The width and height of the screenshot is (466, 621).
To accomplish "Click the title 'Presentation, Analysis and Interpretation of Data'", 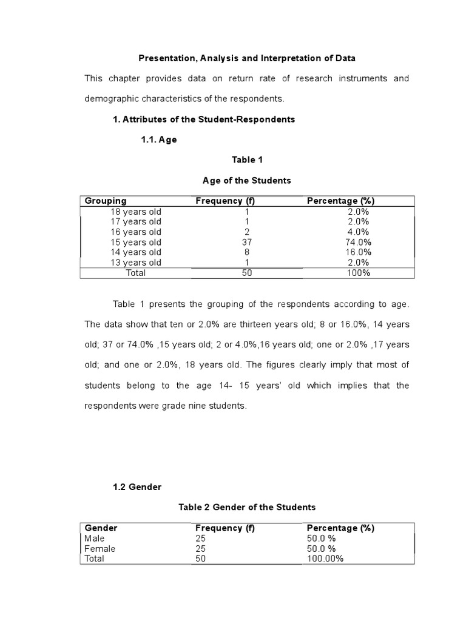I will (247, 58).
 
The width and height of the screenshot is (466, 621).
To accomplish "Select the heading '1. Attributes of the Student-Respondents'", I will (204, 119).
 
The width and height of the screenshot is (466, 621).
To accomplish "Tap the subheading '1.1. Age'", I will (158, 139).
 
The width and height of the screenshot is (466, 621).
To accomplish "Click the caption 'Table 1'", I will (247, 159).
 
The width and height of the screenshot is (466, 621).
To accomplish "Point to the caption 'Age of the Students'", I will (247, 180).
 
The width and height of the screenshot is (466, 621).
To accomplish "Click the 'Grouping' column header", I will (106, 201).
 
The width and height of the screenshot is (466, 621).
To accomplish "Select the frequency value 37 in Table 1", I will (247, 242).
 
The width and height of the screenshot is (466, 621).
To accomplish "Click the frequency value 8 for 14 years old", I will (247, 252).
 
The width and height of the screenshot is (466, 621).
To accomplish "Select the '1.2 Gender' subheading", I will (137, 486).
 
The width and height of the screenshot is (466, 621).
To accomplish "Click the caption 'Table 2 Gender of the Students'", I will (247, 507).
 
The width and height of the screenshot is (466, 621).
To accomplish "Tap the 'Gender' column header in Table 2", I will (101, 528).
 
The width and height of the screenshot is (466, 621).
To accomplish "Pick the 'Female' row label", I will (100, 549).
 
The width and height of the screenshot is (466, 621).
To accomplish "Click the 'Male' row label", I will (95, 538).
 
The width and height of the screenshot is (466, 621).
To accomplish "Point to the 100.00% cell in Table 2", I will (325, 559).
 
